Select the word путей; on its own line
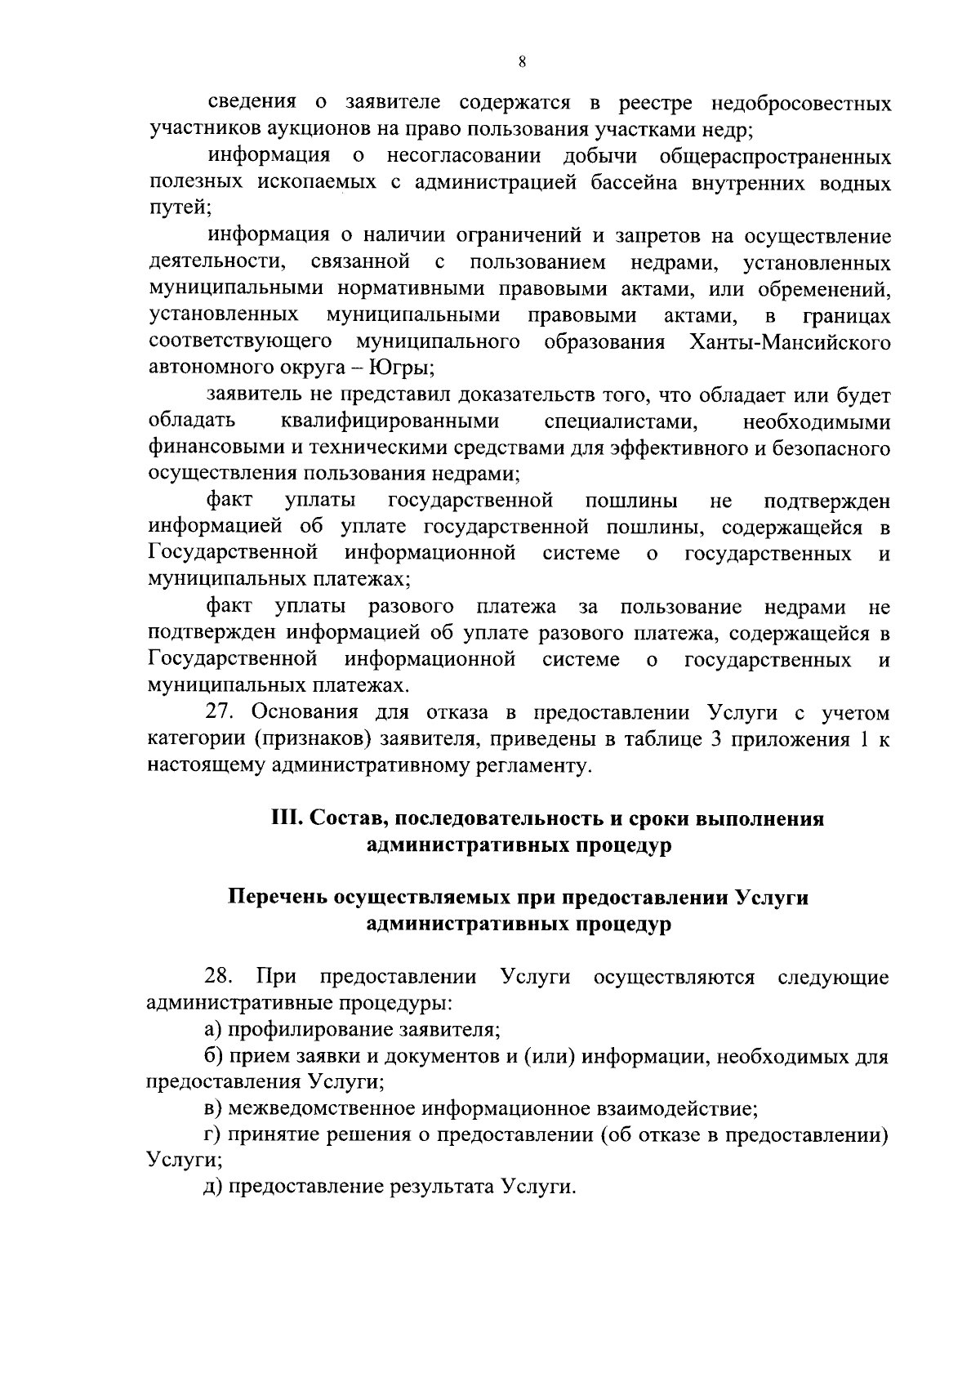click(180, 209)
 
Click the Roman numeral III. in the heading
click(287, 819)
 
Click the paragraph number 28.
click(220, 978)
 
